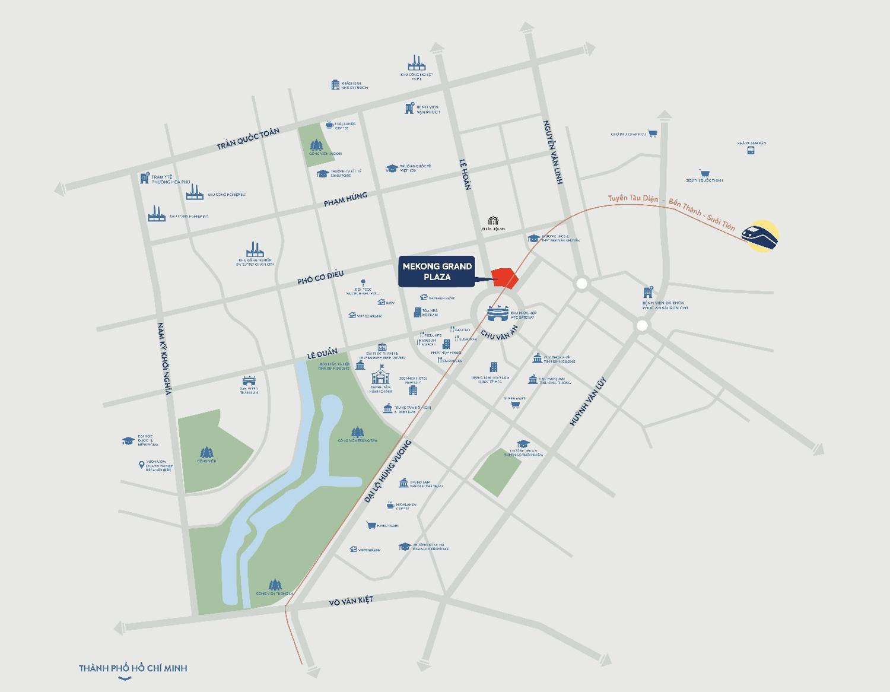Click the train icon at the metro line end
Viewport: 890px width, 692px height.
(x=760, y=236)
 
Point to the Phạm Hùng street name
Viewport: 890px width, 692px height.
(x=345, y=199)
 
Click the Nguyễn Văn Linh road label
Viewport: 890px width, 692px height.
(x=552, y=152)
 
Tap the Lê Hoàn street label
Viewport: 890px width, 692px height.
(x=465, y=174)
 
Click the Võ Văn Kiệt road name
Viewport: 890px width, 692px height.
(x=351, y=601)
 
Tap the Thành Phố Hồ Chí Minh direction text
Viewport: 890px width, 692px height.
(x=133, y=668)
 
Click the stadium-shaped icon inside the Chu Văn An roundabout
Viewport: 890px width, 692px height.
(x=497, y=313)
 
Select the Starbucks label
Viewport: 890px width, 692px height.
(x=453, y=361)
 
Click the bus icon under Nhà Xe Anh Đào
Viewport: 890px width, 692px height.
(x=751, y=151)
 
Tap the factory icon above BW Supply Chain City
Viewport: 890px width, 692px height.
(x=255, y=249)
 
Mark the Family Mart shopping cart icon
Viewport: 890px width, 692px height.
(x=371, y=525)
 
